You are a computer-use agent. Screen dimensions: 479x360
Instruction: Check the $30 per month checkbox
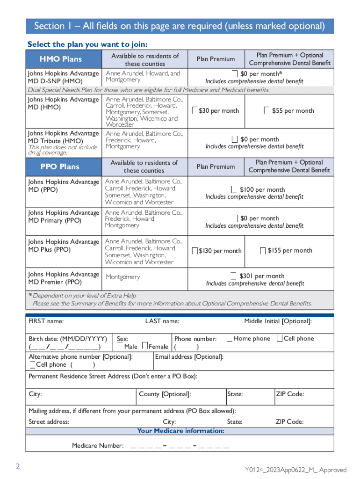pyautogui.click(x=195, y=110)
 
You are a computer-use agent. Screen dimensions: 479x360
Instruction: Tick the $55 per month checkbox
pyautogui.click(x=266, y=110)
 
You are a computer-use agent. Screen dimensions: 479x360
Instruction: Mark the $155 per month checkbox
pyautogui.click(x=263, y=251)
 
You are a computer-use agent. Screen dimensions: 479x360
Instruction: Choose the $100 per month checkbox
pyautogui.click(x=234, y=189)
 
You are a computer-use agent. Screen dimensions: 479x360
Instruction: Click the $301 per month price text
pyautogui.click(x=261, y=276)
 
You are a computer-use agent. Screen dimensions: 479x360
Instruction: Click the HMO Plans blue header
pyautogui.click(x=60, y=59)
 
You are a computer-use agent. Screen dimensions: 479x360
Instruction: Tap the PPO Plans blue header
pyautogui.click(x=60, y=167)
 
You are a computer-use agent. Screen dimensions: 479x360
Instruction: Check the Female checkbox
pyautogui.click(x=145, y=346)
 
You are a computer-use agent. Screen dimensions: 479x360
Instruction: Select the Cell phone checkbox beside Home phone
pyautogui.click(x=280, y=338)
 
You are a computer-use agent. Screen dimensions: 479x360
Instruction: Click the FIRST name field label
pyautogui.click(x=46, y=321)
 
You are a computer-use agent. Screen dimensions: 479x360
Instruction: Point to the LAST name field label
pyautogui.click(x=162, y=321)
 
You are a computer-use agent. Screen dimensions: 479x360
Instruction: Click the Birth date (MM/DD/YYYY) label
pyautogui.click(x=68, y=339)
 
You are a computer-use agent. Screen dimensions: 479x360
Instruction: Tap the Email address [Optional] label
pyautogui.click(x=189, y=357)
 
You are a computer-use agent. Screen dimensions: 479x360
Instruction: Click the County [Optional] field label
pyautogui.click(x=165, y=394)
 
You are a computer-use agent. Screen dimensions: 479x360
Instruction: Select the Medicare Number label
pyautogui.click(x=98, y=445)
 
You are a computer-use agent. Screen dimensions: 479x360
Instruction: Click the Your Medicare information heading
pyautogui.click(x=180, y=430)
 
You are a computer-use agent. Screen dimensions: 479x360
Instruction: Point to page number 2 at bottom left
pyautogui.click(x=18, y=466)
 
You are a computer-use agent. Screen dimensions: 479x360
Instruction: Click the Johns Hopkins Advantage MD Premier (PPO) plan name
pyautogui.click(x=64, y=278)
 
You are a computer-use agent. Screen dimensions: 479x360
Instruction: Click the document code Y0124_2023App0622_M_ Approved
pyautogui.click(x=295, y=470)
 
